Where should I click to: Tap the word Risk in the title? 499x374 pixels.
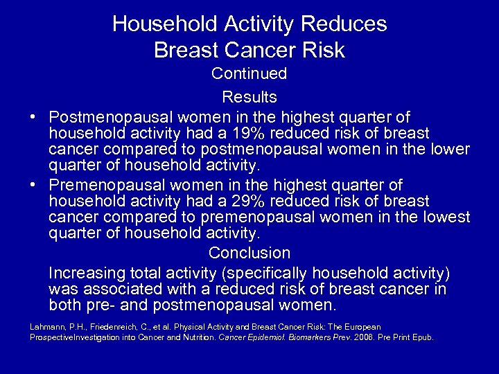point(322,51)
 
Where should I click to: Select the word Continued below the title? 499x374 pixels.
point(249,73)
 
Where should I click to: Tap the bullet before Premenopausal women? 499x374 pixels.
point(34,186)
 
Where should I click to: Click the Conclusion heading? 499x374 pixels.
point(249,253)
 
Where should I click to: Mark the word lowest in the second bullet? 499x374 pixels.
point(442,218)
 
